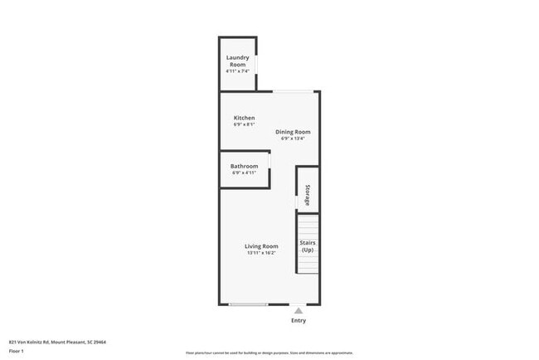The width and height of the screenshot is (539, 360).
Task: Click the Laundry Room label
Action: (238, 61)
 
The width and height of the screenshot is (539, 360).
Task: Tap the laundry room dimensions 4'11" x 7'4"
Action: (238, 71)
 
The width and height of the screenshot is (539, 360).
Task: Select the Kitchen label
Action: (244, 118)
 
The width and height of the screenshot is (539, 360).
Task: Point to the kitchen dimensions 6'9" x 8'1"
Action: (244, 125)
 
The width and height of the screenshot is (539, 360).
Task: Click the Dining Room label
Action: (293, 131)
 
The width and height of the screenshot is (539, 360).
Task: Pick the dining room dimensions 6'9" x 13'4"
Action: (293, 139)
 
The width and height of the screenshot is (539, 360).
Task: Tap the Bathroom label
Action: (244, 166)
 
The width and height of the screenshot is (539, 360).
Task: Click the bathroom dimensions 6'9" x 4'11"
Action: (244, 173)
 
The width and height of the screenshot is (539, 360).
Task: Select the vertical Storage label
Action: (307, 194)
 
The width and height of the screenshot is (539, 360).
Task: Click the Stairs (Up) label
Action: (308, 246)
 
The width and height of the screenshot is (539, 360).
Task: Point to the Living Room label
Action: (261, 246)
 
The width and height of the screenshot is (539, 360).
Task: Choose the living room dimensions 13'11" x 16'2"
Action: (261, 253)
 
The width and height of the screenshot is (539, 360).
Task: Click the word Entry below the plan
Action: (299, 320)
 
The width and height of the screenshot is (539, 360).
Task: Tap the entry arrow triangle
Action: (299, 310)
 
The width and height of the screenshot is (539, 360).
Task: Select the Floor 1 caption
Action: (17, 351)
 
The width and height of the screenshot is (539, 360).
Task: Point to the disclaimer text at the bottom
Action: (269, 352)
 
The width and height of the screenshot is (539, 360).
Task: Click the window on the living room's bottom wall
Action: (247, 304)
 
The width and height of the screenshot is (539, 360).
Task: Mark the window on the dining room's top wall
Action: (294, 91)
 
